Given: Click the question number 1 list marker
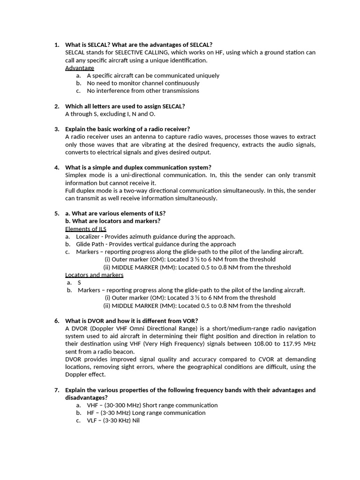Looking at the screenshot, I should coord(57,45).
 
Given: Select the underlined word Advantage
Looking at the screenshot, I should coord(79,68).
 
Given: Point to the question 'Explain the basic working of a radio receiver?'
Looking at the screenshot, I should coord(127,129).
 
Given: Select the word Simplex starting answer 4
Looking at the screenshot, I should coord(76,175).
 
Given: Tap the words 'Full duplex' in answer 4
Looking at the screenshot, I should coord(80,191).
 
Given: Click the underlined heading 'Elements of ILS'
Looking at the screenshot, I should coord(86,229).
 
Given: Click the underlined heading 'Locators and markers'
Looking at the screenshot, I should coord(94,275).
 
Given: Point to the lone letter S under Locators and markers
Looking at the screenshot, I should coord(79,283).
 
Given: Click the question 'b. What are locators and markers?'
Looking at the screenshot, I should coord(112,221).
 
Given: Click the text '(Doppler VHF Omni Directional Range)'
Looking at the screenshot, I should coord(141,328).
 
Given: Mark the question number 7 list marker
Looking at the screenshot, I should coord(57,390).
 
